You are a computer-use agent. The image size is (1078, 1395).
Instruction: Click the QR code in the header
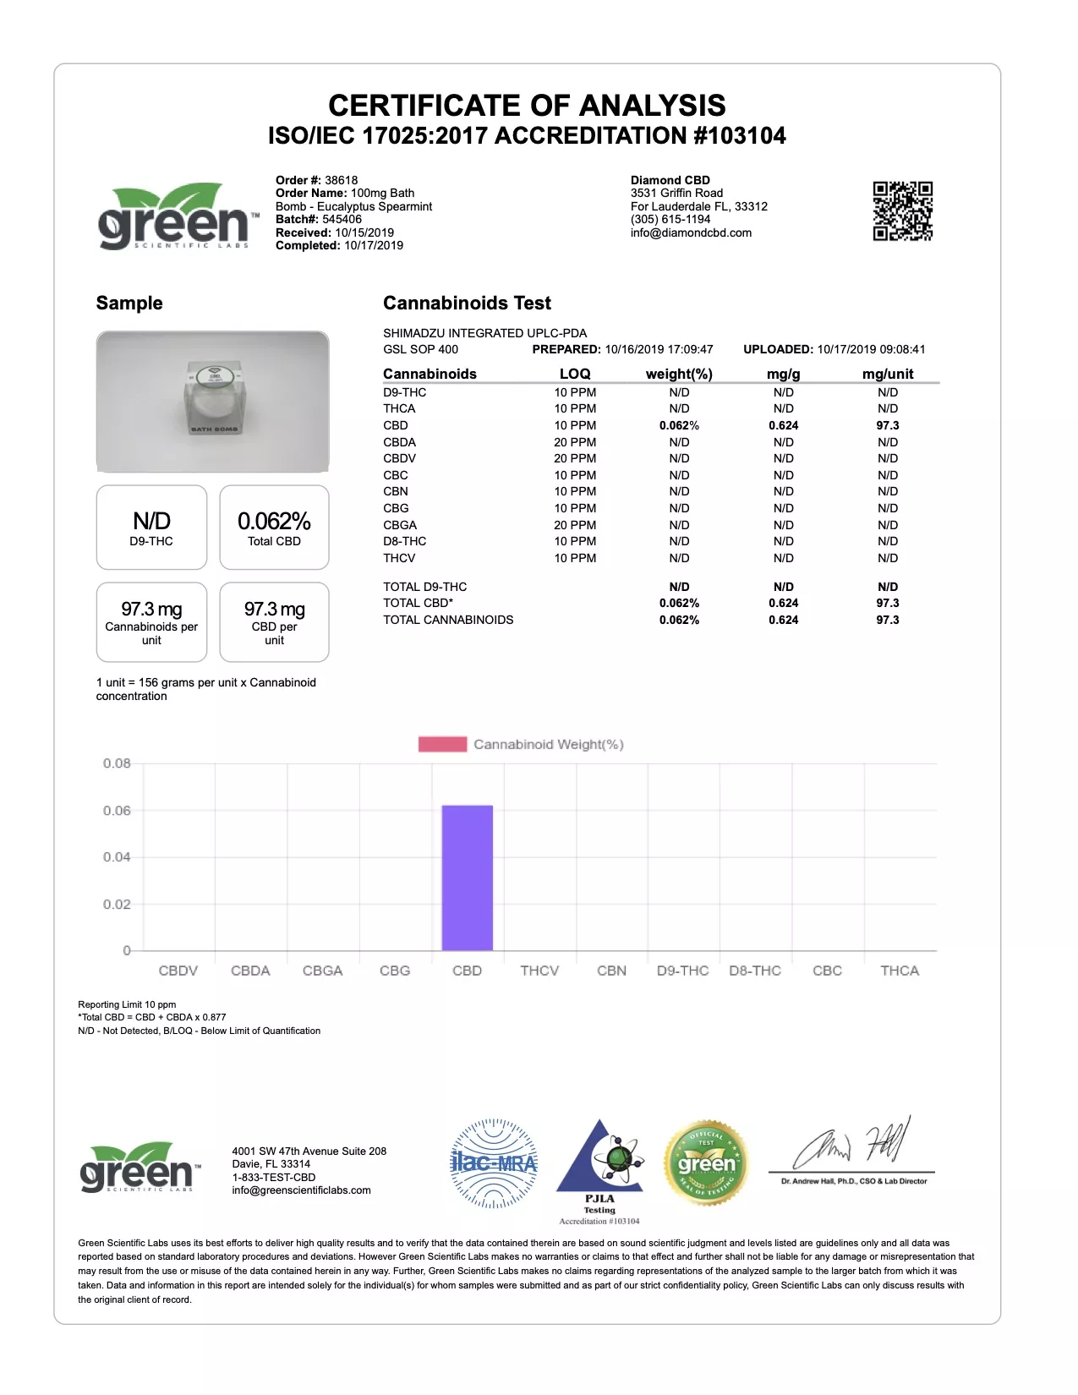pos(902,211)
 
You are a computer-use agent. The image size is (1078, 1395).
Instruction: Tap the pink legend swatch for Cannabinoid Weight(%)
pos(442,744)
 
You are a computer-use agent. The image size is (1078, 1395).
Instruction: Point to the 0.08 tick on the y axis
pos(117,763)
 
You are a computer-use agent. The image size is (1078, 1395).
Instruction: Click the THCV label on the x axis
pos(539,971)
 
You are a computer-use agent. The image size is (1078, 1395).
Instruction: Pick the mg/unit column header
pos(887,374)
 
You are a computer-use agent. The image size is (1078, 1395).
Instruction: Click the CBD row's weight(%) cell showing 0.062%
pos(679,425)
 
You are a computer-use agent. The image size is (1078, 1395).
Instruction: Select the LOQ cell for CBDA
pos(575,442)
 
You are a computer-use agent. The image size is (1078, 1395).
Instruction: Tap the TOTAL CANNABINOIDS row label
pos(448,620)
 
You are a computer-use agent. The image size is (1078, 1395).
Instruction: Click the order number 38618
pos(341,180)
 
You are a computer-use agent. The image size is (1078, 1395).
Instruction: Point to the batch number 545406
pos(342,219)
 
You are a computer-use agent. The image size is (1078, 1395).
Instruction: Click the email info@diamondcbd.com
pos(691,232)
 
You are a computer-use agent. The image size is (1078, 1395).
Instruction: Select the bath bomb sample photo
pos(212,402)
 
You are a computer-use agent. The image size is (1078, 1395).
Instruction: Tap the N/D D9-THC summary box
pos(151,528)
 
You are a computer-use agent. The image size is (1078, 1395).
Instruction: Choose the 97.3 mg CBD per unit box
pos(274,622)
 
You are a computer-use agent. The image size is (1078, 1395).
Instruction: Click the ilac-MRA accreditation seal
pos(494,1163)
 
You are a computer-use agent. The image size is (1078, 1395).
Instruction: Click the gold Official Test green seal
pos(706,1163)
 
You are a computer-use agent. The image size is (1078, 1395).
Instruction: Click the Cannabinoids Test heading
pos(467,303)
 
